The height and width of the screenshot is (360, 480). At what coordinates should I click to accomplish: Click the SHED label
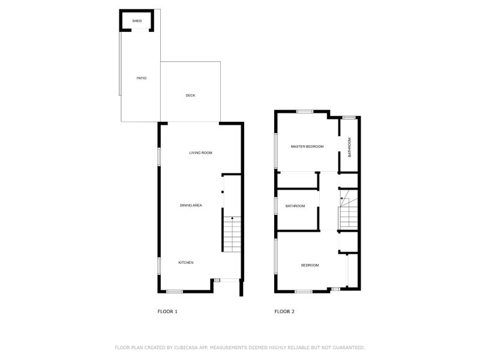pos(137,21)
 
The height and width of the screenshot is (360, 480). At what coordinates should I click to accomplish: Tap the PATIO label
pos(141,78)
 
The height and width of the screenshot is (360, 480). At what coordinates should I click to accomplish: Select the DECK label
pos(190,95)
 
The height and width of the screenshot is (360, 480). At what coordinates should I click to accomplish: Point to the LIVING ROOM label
pos(200,152)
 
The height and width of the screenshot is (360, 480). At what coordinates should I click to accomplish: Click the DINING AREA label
pos(191,205)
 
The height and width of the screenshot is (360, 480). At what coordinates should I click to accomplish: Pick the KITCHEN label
pos(186,262)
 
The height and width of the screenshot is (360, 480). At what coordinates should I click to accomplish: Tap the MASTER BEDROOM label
pos(307,146)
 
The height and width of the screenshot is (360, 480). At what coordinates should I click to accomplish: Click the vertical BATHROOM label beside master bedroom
pos(350,147)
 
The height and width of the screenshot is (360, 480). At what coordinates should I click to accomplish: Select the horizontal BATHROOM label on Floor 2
pos(295,206)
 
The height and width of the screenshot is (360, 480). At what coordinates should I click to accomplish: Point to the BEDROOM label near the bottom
pos(310,265)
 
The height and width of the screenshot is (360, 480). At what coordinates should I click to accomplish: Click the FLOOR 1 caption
pos(167,311)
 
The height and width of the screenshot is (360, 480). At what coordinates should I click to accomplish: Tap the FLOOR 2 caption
pos(284,311)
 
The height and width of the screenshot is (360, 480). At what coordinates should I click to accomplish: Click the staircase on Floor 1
pos(232,235)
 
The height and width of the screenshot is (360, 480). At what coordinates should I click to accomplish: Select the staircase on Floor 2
pos(349,212)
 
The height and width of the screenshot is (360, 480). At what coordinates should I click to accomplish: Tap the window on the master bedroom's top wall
pos(305,111)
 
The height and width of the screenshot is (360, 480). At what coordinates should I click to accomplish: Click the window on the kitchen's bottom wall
pos(174,292)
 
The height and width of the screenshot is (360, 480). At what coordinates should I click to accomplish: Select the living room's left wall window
pos(159,155)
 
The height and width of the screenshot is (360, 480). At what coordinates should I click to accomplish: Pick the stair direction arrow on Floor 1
pos(232,219)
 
